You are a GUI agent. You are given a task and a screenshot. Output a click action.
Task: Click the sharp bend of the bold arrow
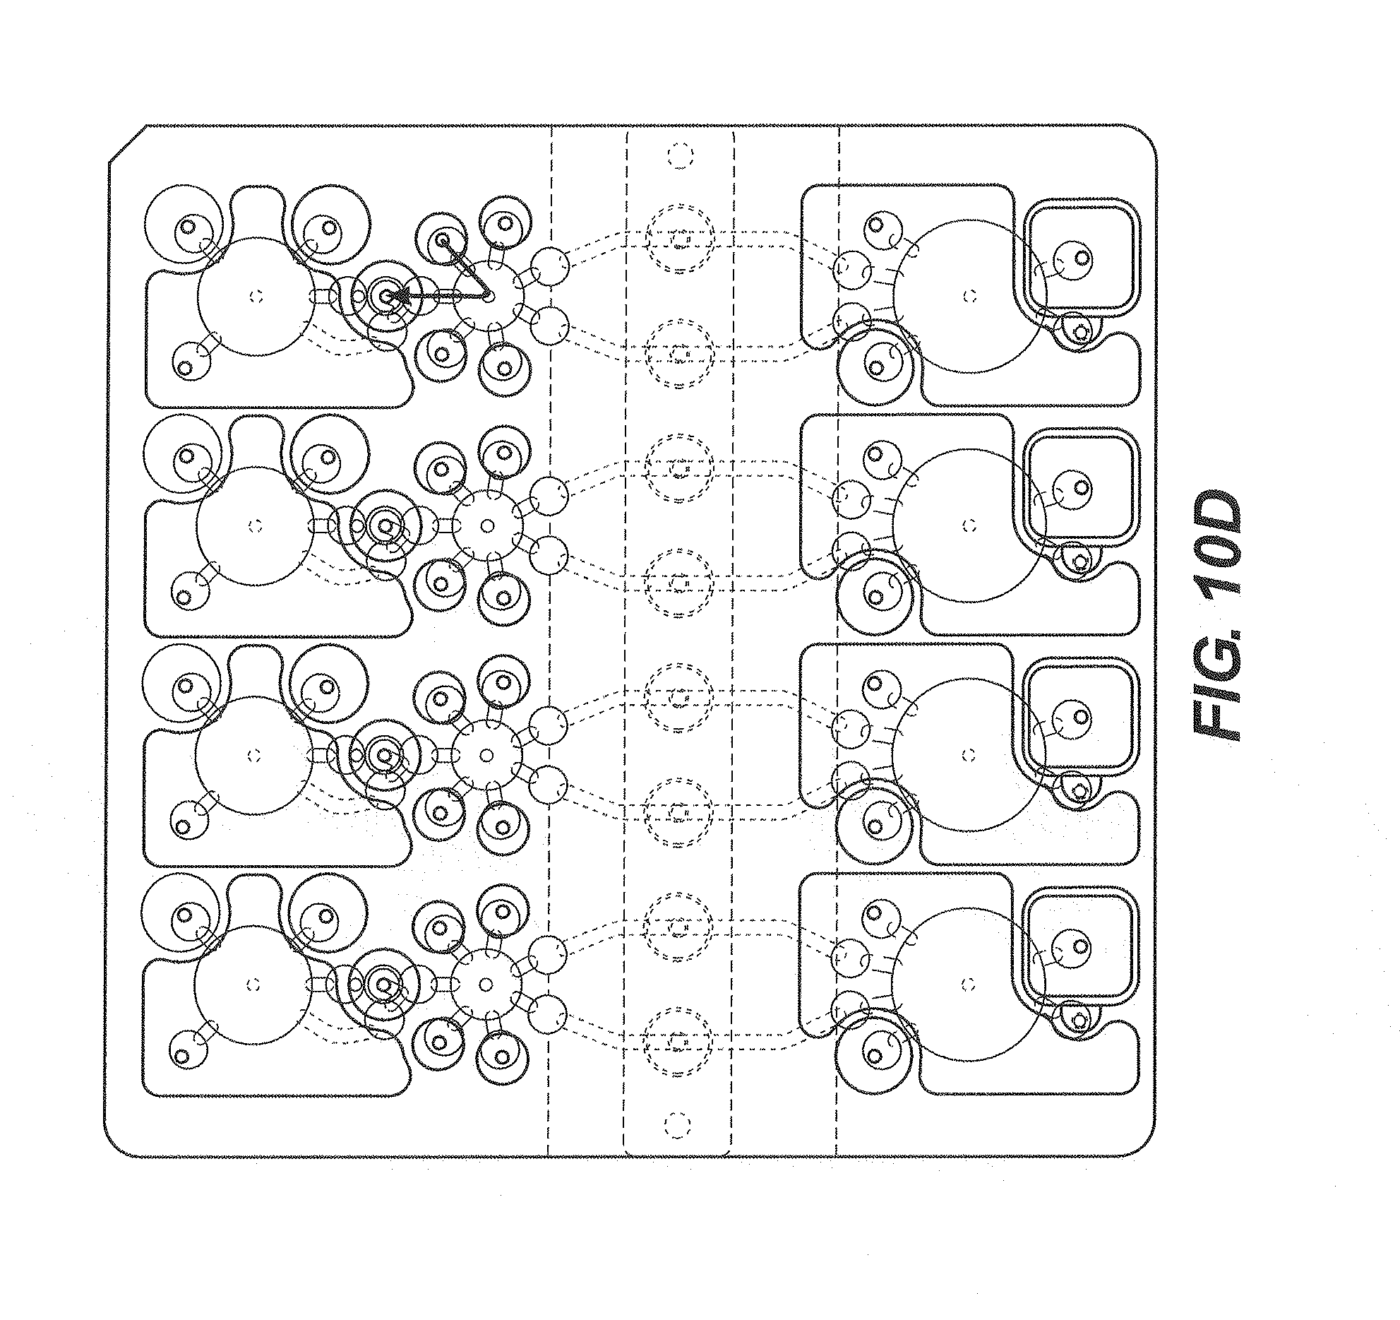click(x=489, y=296)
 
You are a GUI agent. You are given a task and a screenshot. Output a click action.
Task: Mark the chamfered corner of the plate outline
click(x=127, y=145)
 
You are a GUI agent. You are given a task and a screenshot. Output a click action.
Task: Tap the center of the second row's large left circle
click(x=256, y=525)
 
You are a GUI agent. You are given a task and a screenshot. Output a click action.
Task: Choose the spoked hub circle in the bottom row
click(x=486, y=984)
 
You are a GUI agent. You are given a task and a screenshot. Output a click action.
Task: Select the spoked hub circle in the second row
click(x=487, y=525)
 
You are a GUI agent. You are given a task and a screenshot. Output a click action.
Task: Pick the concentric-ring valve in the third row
click(x=385, y=756)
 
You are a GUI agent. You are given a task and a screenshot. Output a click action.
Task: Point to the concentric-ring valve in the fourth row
click(x=383, y=984)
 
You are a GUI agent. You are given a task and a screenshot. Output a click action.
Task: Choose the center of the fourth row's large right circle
click(x=969, y=984)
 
